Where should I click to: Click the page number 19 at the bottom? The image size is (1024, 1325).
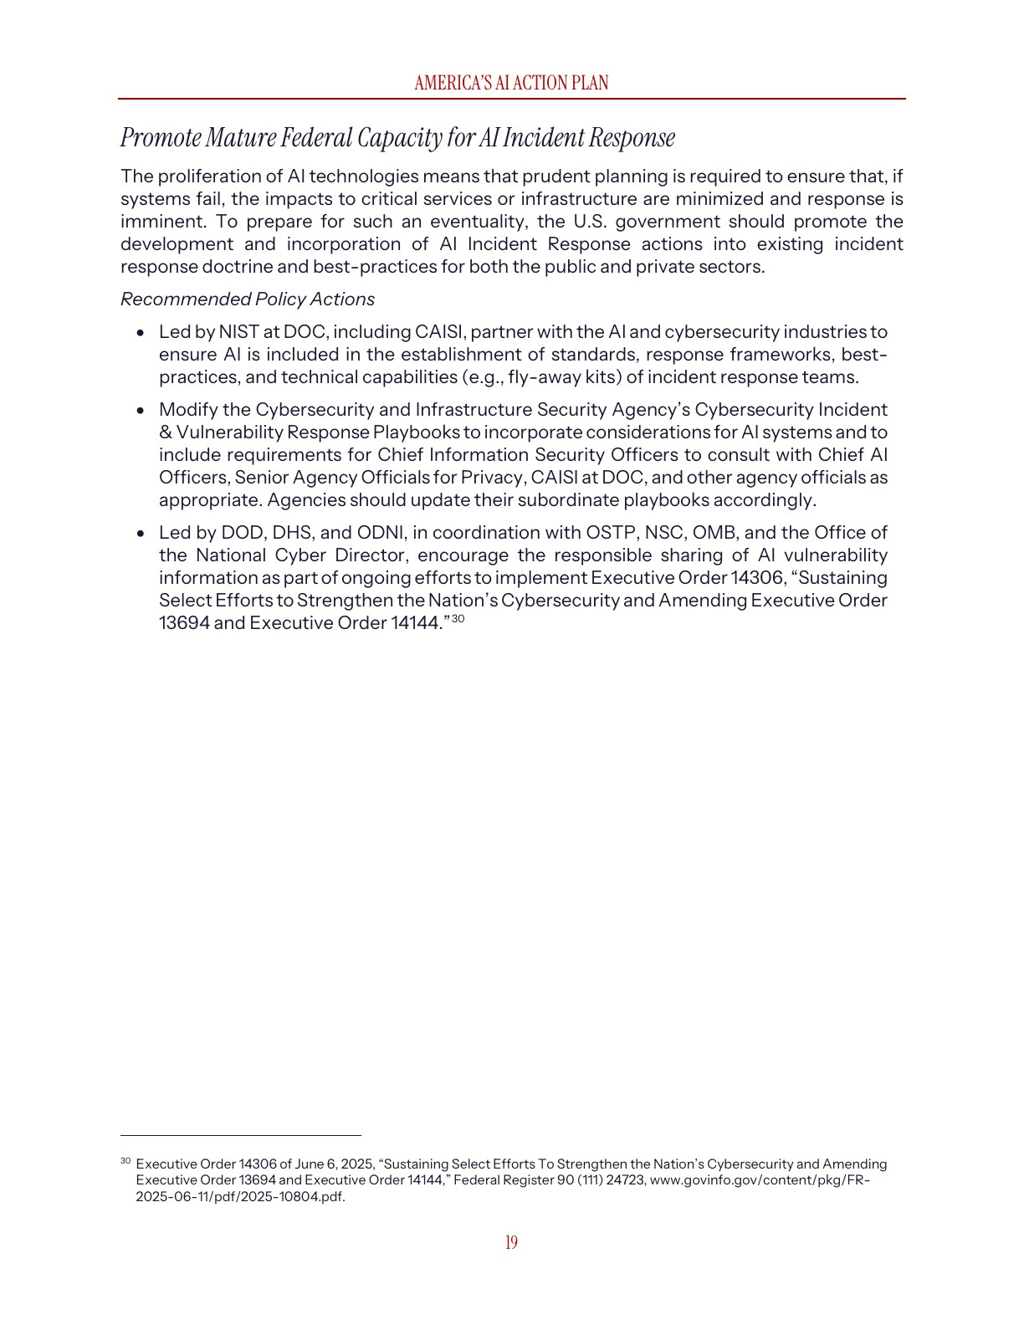tap(511, 1242)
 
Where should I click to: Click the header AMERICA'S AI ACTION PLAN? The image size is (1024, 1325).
tap(511, 83)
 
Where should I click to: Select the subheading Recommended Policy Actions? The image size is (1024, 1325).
tap(248, 299)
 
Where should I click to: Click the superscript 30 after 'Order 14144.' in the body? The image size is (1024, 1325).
tap(458, 618)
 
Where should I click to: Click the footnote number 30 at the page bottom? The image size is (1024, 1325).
tap(125, 1161)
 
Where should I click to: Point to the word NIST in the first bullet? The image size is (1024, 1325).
tap(238, 332)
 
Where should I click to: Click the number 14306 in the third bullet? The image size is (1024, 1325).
tap(758, 578)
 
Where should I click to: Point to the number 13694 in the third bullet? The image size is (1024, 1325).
tap(184, 623)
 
